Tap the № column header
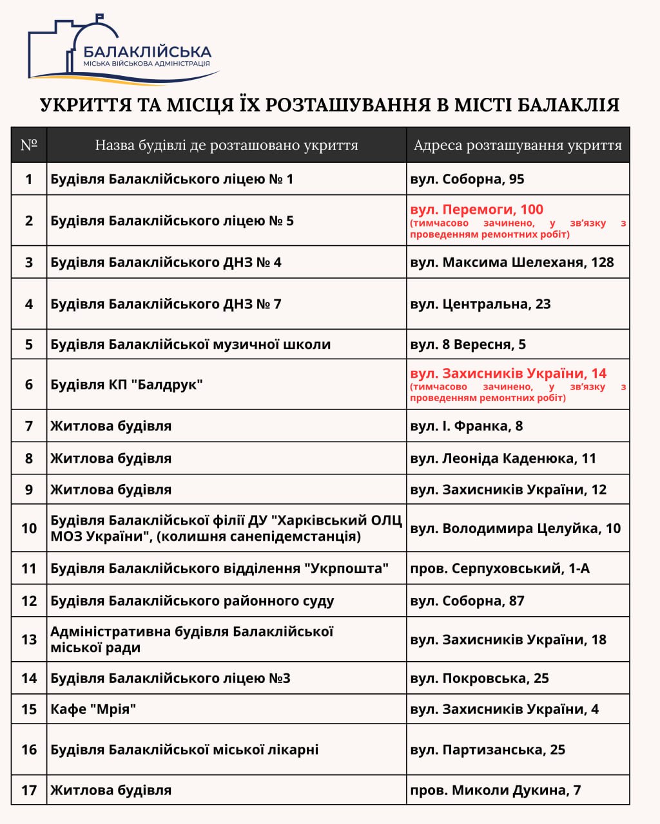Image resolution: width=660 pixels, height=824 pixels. (29, 145)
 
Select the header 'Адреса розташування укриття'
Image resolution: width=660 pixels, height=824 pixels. (517, 145)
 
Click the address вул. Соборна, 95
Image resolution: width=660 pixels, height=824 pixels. (467, 179)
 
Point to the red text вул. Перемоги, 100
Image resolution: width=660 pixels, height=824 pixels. (476, 210)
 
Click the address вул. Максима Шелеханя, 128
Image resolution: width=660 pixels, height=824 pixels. (512, 263)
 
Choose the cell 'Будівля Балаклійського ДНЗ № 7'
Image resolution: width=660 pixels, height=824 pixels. (166, 304)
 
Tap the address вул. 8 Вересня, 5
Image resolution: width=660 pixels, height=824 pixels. (468, 344)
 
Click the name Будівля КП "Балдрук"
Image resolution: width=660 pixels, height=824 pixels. (126, 385)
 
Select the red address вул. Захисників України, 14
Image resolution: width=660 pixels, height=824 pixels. (508, 373)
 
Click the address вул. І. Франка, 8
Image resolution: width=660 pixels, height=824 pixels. (466, 426)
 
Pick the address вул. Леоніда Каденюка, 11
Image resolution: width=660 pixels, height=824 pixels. (503, 458)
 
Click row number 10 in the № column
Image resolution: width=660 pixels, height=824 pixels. (29, 529)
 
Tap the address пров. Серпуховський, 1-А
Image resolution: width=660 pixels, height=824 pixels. (500, 568)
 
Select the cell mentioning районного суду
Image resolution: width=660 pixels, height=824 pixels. (192, 601)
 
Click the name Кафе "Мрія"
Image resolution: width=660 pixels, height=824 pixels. (93, 709)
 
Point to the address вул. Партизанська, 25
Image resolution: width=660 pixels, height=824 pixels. (487, 750)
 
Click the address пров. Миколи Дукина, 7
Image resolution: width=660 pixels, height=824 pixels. (495, 791)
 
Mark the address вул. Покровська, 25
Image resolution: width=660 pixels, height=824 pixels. (480, 679)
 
